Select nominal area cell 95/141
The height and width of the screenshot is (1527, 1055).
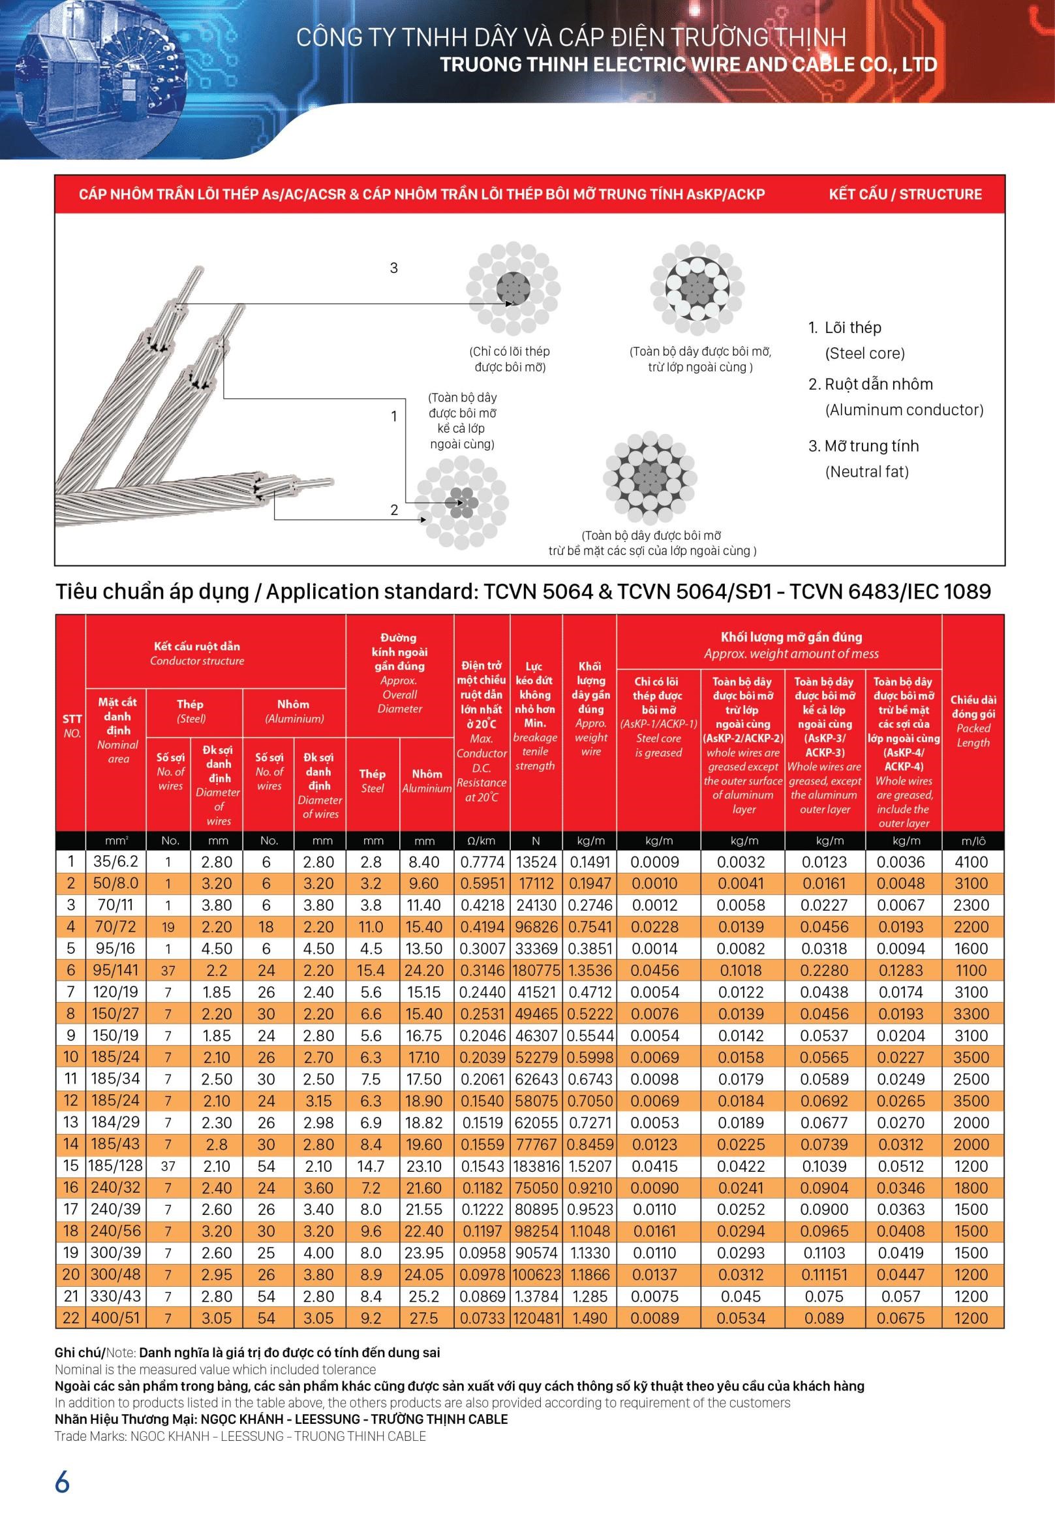click(x=115, y=970)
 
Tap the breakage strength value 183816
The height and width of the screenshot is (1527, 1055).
click(x=536, y=1166)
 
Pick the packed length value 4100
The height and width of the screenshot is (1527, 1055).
click(x=970, y=862)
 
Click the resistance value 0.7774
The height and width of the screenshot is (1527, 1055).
click(x=482, y=862)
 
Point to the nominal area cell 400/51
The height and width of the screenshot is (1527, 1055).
click(x=115, y=1317)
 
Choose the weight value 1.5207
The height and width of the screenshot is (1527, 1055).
click(x=590, y=1166)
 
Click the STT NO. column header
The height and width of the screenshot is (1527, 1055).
click(x=71, y=725)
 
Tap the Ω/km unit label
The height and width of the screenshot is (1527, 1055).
click(x=482, y=841)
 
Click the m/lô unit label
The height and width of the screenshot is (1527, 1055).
click(x=972, y=841)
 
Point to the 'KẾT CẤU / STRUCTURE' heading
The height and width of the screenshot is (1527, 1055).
click(x=905, y=194)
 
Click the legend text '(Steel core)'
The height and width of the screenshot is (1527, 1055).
click(x=864, y=353)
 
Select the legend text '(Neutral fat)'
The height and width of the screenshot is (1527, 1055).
click(x=866, y=471)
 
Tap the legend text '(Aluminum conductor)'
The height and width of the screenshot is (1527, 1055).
click(x=904, y=409)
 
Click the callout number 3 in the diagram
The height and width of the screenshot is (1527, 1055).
click(x=394, y=268)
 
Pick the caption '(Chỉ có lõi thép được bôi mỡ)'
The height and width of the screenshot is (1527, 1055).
click(x=509, y=358)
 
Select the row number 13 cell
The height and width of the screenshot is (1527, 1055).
click(x=70, y=1122)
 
